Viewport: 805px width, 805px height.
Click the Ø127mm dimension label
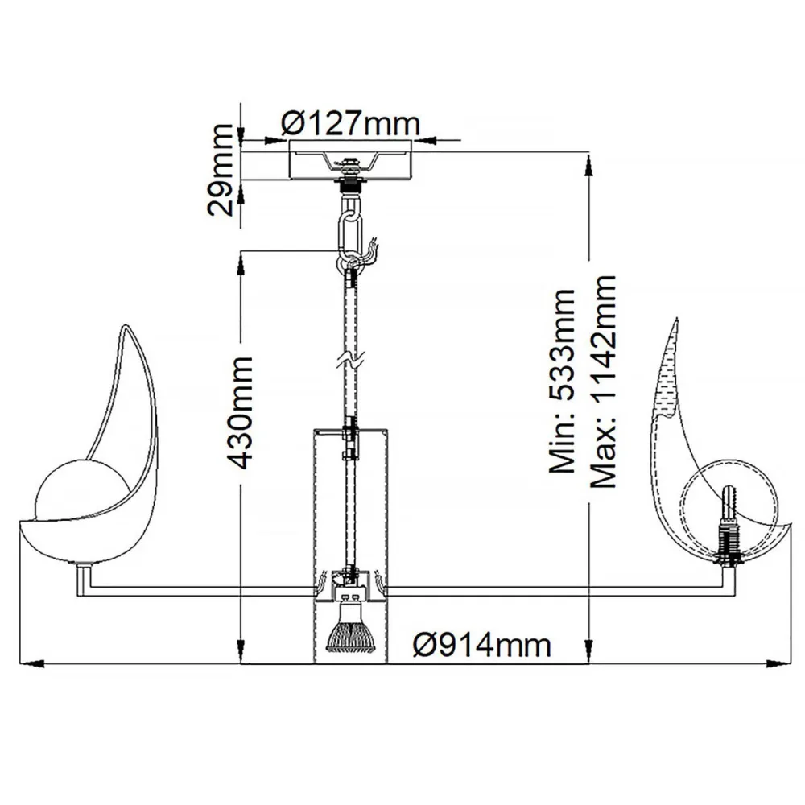(351, 123)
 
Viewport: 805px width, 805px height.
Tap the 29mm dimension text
(221, 170)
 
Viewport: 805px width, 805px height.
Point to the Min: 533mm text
(562, 381)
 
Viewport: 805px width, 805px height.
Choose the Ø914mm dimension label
(481, 644)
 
